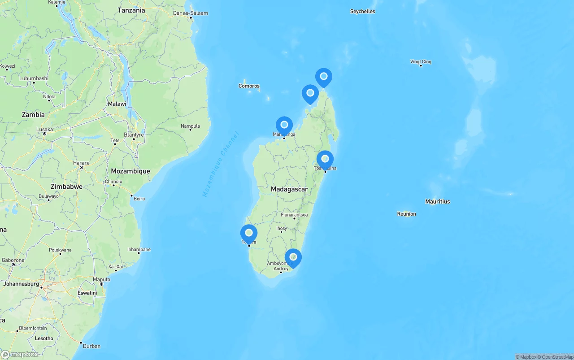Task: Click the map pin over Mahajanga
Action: tap(284, 125)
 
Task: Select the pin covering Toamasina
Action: tap(325, 159)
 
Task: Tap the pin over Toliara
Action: tap(249, 233)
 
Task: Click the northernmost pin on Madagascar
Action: tap(323, 77)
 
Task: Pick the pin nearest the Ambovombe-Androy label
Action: tap(293, 257)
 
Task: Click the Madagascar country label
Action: tap(289, 189)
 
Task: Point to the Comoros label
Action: tap(249, 86)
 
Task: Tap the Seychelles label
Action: tap(362, 12)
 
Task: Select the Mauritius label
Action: tap(437, 202)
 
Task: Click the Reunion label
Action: tap(406, 214)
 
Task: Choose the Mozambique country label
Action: tap(130, 171)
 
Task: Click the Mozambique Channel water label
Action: tap(221, 165)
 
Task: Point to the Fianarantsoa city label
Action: tap(294, 215)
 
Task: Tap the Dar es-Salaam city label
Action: tap(191, 13)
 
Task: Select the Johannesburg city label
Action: tap(21, 284)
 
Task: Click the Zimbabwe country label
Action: tap(66, 187)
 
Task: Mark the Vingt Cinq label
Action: tap(421, 62)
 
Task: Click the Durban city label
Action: tap(91, 346)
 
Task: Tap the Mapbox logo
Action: tap(20, 354)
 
